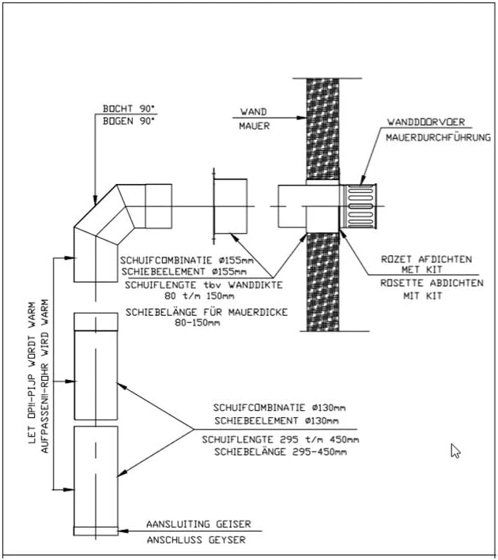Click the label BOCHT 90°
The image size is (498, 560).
coord(129,108)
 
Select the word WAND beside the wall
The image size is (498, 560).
coord(254,112)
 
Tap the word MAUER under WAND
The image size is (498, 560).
coord(255,126)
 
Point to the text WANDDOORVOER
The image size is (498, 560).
coord(426,122)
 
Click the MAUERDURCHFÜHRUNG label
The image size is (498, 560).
coord(438,137)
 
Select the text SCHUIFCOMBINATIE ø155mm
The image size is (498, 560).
coord(187,260)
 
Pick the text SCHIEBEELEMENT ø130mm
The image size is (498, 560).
coord(277,421)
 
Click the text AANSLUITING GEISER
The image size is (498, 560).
coord(198,524)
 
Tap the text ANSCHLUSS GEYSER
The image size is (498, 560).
coord(196,539)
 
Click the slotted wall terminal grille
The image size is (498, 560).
coord(358,206)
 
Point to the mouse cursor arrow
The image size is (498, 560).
coord(455,451)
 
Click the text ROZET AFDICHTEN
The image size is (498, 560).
coord(427,259)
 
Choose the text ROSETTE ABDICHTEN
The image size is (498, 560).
coord(432,283)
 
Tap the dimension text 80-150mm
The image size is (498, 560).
coord(198,323)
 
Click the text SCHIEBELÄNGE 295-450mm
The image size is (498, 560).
coord(281,452)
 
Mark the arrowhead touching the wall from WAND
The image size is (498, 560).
coord(302,118)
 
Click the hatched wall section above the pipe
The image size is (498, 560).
coord(323,129)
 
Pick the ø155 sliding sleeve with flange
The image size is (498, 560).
coord(229,206)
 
